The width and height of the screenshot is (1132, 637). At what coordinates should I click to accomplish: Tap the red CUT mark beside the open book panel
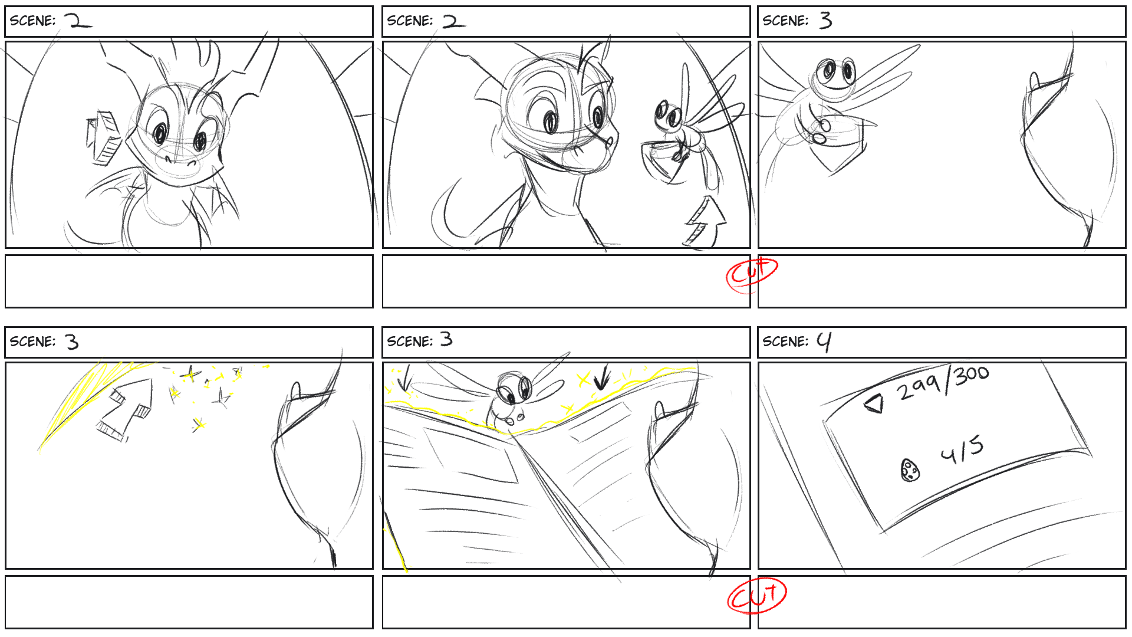click(x=757, y=596)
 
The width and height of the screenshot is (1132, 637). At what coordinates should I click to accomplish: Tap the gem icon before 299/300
click(x=875, y=403)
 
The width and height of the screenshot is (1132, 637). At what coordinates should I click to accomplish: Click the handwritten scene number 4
click(x=824, y=341)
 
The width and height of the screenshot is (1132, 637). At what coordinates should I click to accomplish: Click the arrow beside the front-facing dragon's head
click(x=104, y=137)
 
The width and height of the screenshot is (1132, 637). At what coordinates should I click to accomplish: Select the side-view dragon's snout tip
click(x=611, y=141)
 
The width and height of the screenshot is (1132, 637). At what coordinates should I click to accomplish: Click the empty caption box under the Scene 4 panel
click(x=942, y=602)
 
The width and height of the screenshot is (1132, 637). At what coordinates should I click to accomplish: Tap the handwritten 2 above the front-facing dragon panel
click(x=78, y=21)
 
